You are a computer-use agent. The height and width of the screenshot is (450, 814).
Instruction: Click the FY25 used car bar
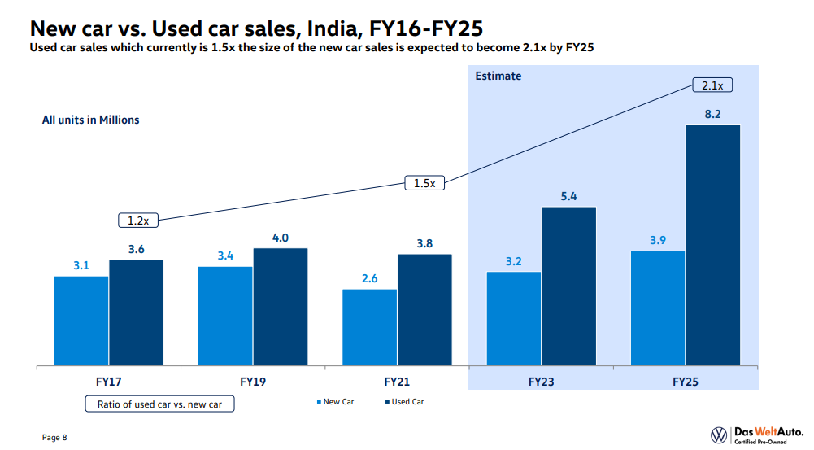(x=713, y=244)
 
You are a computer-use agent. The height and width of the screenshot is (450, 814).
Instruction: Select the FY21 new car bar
(x=370, y=327)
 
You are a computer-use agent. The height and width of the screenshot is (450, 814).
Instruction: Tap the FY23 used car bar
(x=569, y=286)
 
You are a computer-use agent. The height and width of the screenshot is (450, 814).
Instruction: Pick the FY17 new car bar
(x=81, y=321)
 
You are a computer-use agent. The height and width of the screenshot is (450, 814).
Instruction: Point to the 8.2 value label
(x=713, y=115)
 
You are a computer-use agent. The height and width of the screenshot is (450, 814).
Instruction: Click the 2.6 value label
(x=370, y=279)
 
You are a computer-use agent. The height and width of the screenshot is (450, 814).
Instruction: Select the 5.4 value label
(x=569, y=197)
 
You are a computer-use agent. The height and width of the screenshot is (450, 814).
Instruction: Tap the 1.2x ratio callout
(x=138, y=220)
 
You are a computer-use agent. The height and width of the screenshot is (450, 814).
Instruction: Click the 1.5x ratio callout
(x=424, y=183)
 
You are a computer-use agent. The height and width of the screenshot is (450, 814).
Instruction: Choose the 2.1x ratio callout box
(x=713, y=85)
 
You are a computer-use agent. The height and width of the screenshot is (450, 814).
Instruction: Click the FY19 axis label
(x=253, y=380)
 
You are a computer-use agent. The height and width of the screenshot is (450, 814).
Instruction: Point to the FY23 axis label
(x=541, y=380)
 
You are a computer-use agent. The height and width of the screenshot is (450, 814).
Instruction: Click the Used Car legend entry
(x=403, y=402)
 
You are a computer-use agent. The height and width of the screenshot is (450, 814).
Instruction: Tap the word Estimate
(x=498, y=76)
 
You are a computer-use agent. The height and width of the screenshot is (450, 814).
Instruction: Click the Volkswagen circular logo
(x=719, y=435)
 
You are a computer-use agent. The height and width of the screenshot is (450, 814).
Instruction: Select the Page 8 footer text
(x=54, y=438)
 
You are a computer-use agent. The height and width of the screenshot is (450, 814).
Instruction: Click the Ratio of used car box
(x=159, y=404)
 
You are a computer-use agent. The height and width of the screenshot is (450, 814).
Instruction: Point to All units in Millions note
(x=91, y=120)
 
